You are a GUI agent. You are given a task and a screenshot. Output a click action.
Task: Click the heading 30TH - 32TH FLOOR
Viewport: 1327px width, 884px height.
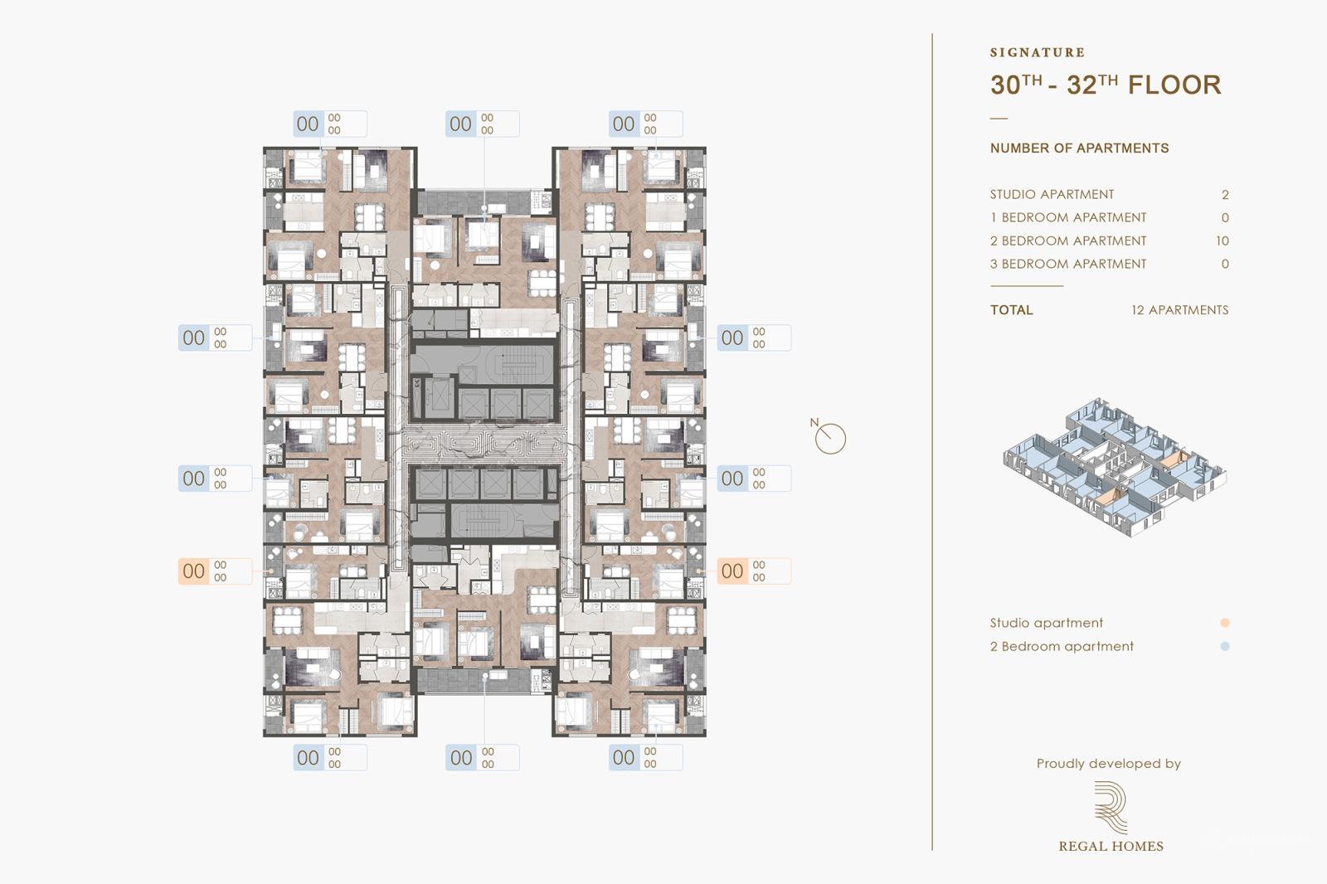pos(1105,85)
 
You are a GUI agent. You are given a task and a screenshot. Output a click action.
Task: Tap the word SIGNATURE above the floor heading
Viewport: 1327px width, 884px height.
pos(1037,52)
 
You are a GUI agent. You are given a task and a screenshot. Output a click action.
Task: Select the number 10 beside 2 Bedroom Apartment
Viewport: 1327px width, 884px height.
pos(1222,241)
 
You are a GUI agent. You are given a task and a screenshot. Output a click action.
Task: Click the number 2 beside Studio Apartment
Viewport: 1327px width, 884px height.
pos(1225,195)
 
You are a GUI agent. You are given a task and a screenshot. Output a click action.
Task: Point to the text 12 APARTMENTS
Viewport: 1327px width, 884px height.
pos(1179,310)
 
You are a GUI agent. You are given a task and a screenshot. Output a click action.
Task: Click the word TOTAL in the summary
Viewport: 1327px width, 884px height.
pos(1011,310)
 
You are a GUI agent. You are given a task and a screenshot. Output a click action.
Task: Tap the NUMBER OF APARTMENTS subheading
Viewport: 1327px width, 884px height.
pos(1079,148)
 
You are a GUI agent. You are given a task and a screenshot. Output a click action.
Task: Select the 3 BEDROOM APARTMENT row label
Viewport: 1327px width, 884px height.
pos(1067,265)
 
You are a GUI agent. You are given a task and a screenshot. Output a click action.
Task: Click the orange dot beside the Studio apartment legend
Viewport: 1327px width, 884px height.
pos(1225,623)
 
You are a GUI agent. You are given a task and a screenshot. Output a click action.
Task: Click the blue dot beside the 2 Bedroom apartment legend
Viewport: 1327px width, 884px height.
pos(1225,646)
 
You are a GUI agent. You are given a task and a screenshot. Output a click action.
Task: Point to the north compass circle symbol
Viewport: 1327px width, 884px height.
pos(829,439)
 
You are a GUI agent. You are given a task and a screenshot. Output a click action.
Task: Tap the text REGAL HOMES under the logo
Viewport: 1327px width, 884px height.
pos(1111,847)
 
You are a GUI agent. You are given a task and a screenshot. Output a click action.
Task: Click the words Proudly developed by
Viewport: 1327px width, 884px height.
pos(1108,764)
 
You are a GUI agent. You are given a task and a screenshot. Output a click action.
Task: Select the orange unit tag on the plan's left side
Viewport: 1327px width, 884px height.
pos(214,571)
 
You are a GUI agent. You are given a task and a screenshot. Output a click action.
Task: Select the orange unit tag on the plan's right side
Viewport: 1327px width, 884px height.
pos(753,571)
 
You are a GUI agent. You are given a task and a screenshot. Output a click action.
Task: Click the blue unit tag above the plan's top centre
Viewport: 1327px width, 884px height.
pos(482,124)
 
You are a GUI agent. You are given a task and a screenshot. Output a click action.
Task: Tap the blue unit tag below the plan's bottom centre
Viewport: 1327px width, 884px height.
pos(482,757)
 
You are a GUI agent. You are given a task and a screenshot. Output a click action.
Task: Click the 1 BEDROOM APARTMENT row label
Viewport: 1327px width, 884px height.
pos(1067,218)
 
